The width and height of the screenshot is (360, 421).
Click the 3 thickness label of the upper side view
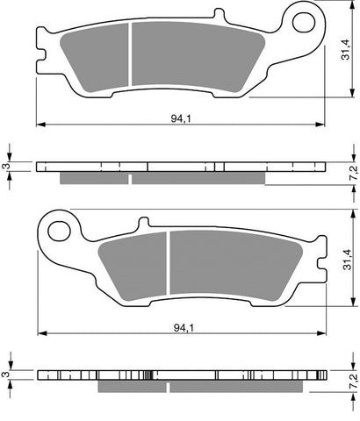coord(6,166)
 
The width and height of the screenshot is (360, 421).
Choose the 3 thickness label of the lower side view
coord(6,375)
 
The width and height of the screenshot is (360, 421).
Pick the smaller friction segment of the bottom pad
coord(132,266)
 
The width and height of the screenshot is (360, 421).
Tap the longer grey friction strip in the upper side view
coord(198,178)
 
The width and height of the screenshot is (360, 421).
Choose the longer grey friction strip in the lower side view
coord(237,387)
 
